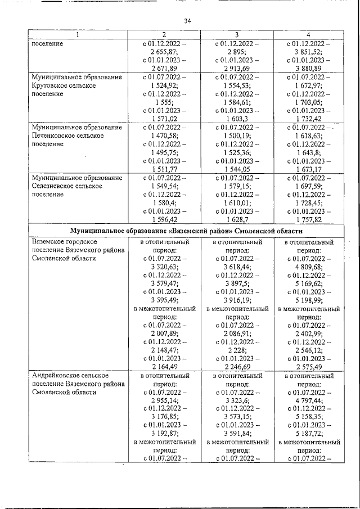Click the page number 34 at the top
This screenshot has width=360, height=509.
point(188,21)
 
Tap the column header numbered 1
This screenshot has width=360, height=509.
point(78,35)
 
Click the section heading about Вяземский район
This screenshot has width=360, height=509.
point(186,231)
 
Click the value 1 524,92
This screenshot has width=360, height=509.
point(164,85)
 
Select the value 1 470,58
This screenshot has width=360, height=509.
point(164,136)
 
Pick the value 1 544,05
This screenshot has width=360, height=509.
point(237,169)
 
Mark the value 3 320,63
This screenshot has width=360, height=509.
point(164,267)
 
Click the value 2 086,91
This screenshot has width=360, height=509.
point(237,334)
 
